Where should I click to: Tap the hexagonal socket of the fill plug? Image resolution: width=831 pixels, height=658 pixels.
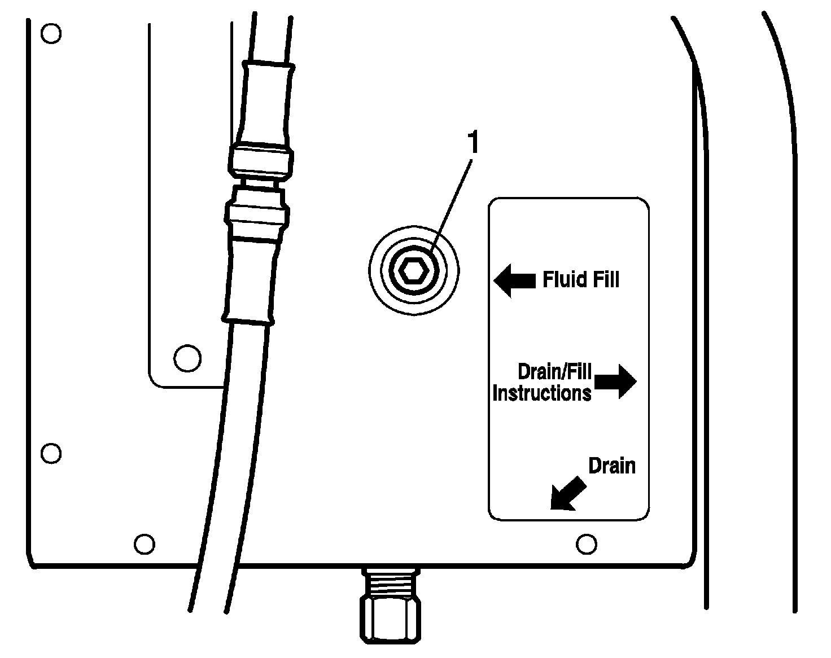point(413,271)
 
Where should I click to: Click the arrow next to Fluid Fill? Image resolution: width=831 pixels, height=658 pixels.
point(514,280)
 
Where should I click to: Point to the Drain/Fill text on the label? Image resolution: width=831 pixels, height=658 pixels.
point(554,371)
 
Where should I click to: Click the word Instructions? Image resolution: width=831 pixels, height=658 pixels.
point(541,393)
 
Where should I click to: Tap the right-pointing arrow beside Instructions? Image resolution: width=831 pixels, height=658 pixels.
point(616,381)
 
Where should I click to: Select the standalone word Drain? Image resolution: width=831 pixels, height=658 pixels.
point(611,466)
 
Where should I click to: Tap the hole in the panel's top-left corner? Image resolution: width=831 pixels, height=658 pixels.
point(51,34)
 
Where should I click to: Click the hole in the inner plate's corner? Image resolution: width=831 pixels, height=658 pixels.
point(187,357)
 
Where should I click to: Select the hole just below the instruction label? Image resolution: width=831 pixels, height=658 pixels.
point(587,544)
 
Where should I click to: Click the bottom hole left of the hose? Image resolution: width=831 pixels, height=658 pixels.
point(145,544)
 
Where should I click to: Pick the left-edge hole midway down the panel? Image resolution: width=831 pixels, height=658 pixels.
point(51,453)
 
